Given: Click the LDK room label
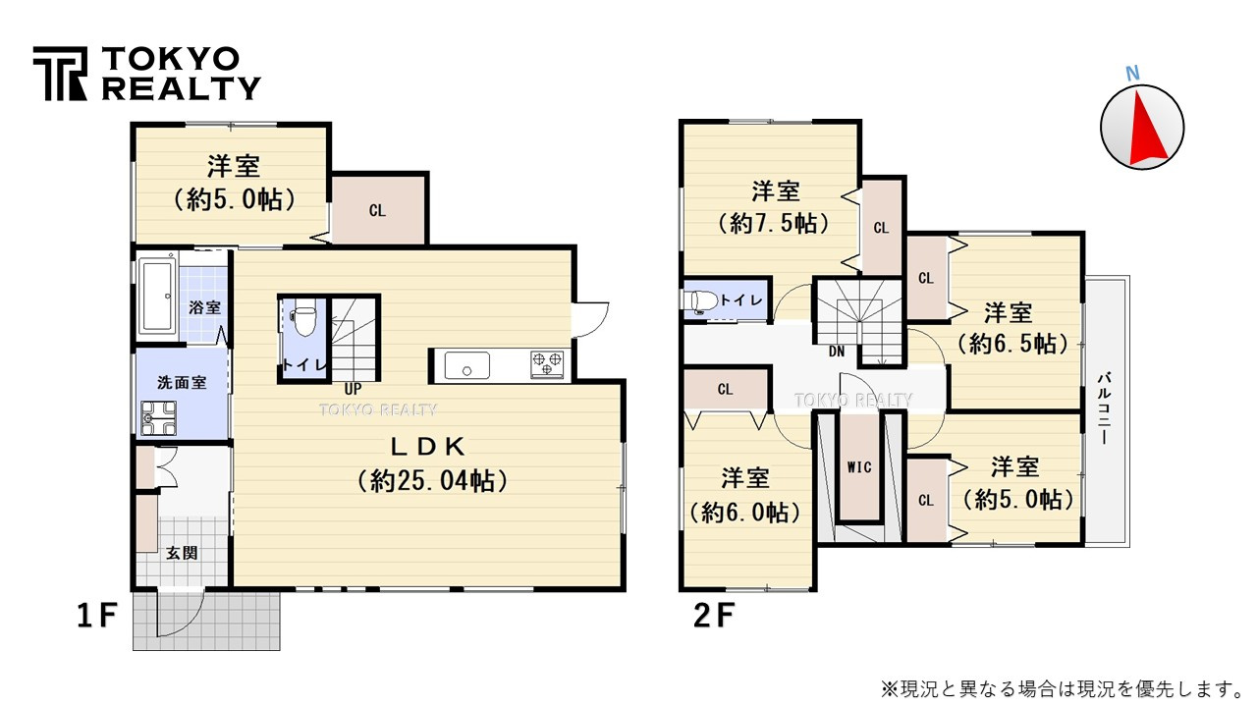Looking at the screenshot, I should pyautogui.click(x=427, y=447).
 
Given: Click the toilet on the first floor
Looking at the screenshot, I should pyautogui.click(x=304, y=320).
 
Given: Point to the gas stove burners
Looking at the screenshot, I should pyautogui.click(x=548, y=363).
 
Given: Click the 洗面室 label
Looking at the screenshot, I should pyautogui.click(x=182, y=383).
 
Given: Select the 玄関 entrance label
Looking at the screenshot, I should pyautogui.click(x=182, y=553).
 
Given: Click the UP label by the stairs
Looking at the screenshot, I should pyautogui.click(x=352, y=388).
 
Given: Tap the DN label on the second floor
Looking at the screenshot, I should pyautogui.click(x=837, y=351).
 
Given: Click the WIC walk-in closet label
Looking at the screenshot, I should pyautogui.click(x=859, y=467).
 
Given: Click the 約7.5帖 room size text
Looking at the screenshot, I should pyautogui.click(x=775, y=223).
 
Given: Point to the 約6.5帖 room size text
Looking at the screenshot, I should pyautogui.click(x=1011, y=344).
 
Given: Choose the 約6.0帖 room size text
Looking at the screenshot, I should pyautogui.click(x=745, y=512).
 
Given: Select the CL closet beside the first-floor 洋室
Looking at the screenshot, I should pyautogui.click(x=377, y=210).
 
